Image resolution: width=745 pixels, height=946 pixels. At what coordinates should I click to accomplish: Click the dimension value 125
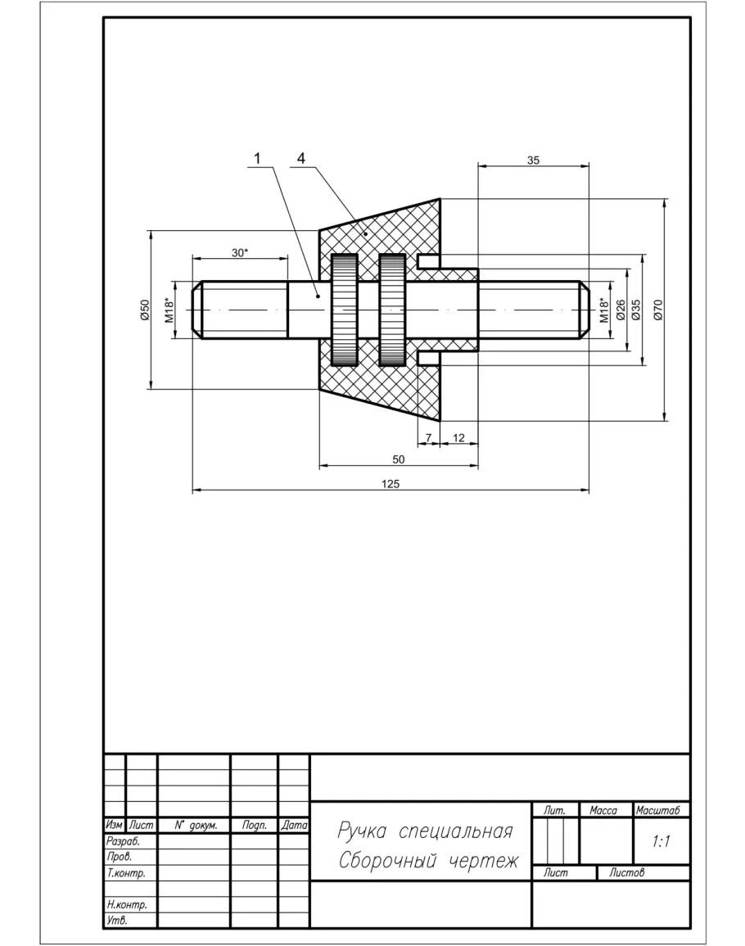click(391, 484)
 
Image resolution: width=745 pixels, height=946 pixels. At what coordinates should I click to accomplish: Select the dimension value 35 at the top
click(533, 161)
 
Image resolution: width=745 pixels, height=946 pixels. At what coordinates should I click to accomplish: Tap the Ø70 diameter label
click(657, 310)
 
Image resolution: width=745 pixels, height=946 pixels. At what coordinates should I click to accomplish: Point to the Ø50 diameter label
click(145, 309)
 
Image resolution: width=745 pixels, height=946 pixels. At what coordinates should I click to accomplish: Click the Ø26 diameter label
click(621, 310)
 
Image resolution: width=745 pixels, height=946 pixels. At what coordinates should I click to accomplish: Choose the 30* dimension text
click(239, 253)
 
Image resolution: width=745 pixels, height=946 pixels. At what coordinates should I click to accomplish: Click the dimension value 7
click(427, 437)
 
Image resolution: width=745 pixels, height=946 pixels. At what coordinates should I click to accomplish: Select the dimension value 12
click(458, 437)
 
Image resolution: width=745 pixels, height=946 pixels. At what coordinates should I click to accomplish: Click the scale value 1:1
click(661, 841)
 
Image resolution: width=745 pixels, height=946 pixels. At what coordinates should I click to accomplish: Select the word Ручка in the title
click(362, 832)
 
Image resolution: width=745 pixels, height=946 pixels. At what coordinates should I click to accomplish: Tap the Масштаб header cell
click(661, 810)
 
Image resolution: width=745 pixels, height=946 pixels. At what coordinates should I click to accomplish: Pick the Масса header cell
click(605, 810)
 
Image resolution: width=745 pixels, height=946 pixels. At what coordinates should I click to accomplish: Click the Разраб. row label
click(124, 841)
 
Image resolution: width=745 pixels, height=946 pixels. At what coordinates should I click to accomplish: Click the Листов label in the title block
click(626, 873)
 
